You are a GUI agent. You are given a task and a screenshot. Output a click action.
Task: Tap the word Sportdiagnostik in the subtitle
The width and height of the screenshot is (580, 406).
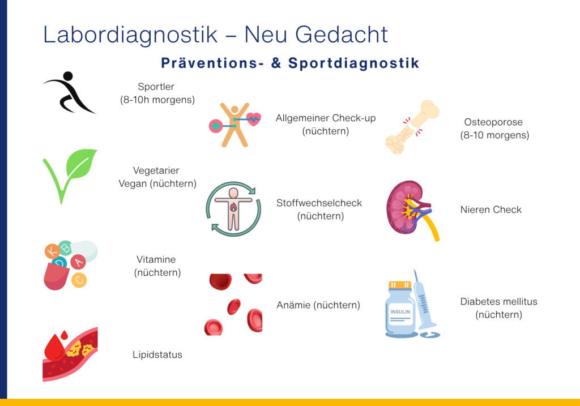(x=353, y=63)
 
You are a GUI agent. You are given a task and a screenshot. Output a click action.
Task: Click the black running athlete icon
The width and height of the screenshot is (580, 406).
(x=70, y=92)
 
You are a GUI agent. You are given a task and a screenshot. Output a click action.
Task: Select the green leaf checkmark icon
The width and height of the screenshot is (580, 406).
(x=70, y=176)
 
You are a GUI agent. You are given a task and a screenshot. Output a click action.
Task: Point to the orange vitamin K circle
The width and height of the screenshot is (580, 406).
(x=52, y=251)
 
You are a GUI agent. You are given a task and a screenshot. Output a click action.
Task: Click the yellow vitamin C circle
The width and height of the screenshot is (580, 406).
(x=79, y=280)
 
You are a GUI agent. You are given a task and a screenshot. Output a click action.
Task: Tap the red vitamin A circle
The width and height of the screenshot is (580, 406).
(x=78, y=262)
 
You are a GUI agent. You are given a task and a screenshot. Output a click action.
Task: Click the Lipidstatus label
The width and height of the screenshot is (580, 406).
(x=157, y=354)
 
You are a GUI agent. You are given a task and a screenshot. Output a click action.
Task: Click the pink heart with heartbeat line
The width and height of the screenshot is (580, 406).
(x=253, y=119)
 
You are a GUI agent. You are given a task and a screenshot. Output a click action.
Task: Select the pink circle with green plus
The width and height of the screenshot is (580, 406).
(x=216, y=126)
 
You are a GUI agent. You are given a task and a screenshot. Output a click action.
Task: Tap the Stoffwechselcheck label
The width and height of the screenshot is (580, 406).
(x=319, y=203)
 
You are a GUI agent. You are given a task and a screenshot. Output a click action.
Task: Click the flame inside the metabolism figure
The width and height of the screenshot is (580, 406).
(x=233, y=207)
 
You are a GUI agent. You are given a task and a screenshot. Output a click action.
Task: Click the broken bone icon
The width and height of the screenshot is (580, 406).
(x=412, y=127)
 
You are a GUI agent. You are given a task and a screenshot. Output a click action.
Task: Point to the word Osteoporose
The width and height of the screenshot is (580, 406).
(x=493, y=122)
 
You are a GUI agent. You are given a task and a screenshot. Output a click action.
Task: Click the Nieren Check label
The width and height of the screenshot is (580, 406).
(x=491, y=210)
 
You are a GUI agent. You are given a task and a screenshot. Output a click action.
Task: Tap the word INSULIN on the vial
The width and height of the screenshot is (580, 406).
(x=400, y=311)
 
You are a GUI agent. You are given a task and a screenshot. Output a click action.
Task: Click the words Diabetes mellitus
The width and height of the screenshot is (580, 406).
(x=498, y=301)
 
